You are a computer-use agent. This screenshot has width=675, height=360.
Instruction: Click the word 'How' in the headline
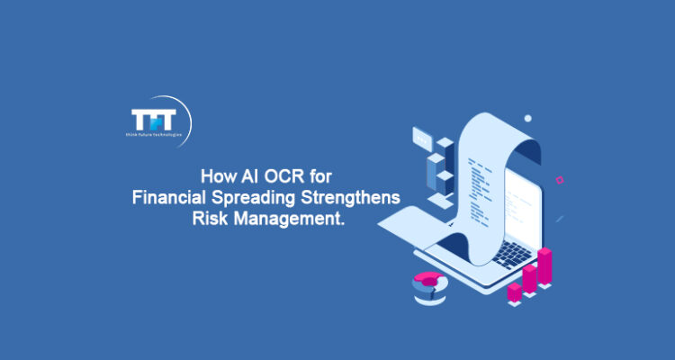(x=212, y=176)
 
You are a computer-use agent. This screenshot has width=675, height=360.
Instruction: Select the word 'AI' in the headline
(x=242, y=176)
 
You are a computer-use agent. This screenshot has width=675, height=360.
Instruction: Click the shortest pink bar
(x=514, y=292)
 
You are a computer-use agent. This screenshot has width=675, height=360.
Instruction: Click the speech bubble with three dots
(x=422, y=138)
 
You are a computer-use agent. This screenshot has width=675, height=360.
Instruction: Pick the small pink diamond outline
(x=560, y=179)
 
